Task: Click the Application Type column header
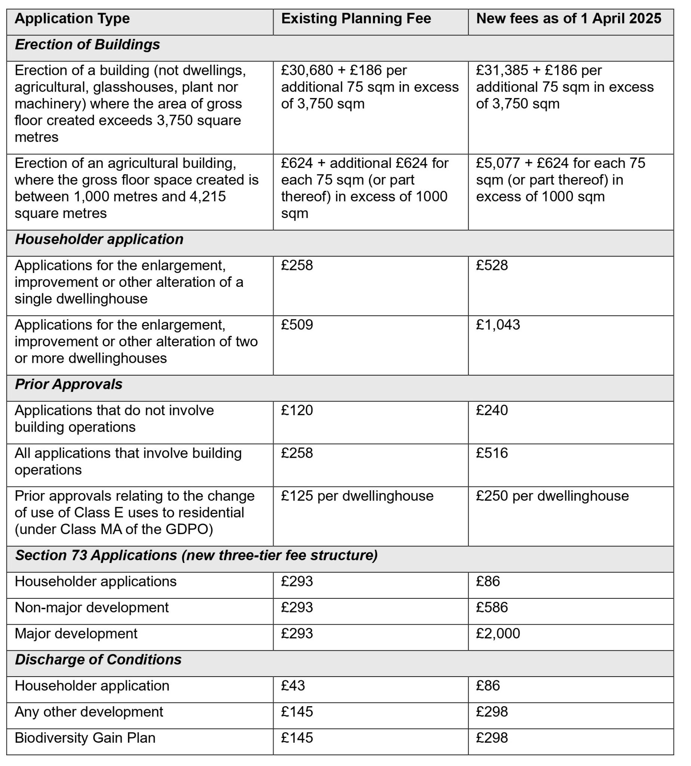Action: pos(72,19)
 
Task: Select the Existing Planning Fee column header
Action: pos(356,19)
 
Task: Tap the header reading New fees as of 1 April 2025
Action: pos(568,19)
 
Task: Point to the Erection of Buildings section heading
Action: pos(87,45)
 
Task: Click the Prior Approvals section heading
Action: pos(68,384)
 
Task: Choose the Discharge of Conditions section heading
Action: pos(98,660)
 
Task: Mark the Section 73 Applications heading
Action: pos(196,555)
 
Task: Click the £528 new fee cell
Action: pos(492,265)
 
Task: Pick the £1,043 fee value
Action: pos(498,325)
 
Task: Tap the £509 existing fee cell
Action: pos(297,325)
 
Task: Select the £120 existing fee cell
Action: pos(297,410)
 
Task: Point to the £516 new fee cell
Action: pos(492,453)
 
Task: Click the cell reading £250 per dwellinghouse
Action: pos(552,496)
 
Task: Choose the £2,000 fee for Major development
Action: pos(498,634)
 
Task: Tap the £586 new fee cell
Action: pos(492,607)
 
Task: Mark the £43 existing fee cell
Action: pos(293,686)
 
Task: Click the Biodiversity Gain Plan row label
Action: pos(85,738)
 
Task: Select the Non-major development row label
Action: pos(92,607)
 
